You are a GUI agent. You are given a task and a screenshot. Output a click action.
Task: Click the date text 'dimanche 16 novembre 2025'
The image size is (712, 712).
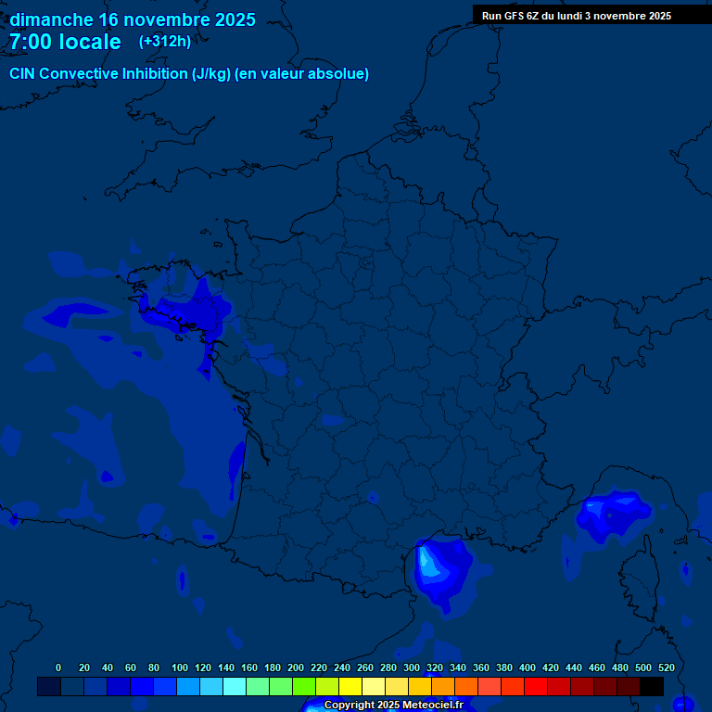[133, 19]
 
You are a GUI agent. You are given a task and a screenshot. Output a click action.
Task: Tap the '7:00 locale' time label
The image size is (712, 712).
[65, 42]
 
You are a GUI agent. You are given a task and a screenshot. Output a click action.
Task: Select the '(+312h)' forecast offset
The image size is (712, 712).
[164, 42]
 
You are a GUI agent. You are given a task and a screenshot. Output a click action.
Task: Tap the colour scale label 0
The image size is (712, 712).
[58, 667]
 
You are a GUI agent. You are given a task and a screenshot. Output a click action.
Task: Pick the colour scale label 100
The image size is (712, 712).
[180, 667]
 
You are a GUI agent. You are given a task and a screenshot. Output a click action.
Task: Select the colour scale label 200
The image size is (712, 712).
[296, 667]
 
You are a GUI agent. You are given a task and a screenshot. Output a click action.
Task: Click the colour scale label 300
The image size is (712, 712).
[412, 667]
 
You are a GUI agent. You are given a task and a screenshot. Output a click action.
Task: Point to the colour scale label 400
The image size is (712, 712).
[528, 667]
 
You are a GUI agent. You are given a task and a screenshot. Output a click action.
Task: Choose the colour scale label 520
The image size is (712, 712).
[666, 667]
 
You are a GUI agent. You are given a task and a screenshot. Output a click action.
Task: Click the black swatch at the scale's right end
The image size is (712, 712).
[652, 686]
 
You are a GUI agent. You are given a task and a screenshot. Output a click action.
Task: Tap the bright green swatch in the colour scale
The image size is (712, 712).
[304, 686]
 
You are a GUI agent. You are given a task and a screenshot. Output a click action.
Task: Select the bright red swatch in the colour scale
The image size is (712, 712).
[536, 686]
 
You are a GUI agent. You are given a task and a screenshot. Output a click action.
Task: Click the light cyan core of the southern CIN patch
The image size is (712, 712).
[427, 560]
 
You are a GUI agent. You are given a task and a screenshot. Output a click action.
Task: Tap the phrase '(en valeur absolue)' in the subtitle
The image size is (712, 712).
[302, 74]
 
